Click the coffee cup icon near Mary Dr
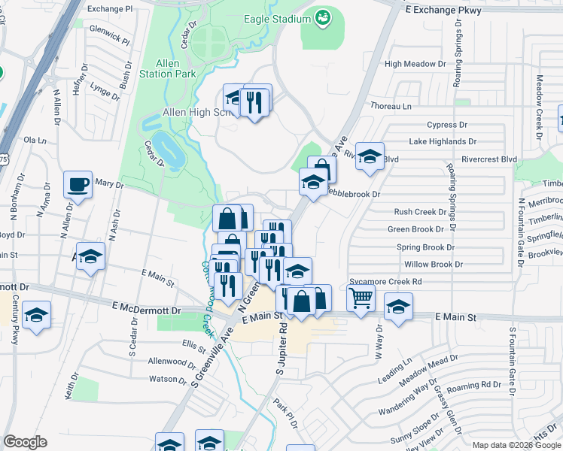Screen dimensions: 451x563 tap(78, 184)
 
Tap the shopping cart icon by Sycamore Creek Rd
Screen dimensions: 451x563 tap(361, 298)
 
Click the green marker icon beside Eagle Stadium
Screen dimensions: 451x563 tap(323, 17)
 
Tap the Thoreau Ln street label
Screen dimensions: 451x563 tap(391, 106)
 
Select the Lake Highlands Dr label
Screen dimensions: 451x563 tap(443, 141)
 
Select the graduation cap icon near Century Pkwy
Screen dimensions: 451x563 tap(35, 316)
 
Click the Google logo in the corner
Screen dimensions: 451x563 tap(25, 442)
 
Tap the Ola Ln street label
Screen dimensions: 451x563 tap(35, 140)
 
